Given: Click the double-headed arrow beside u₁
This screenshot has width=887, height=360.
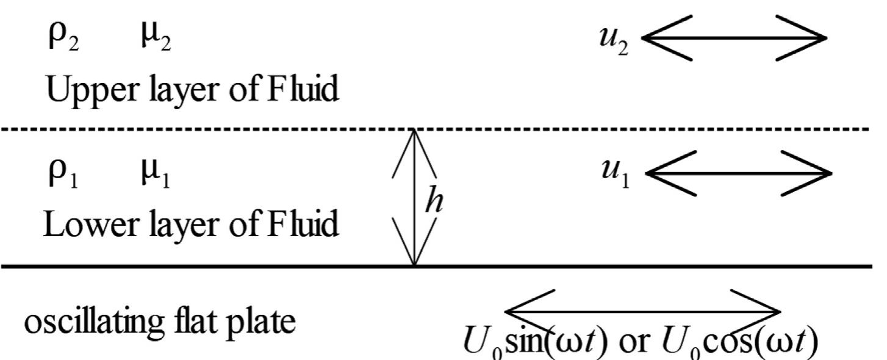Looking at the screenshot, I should point(738,173).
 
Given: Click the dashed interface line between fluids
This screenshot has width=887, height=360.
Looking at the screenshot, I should point(244,129).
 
